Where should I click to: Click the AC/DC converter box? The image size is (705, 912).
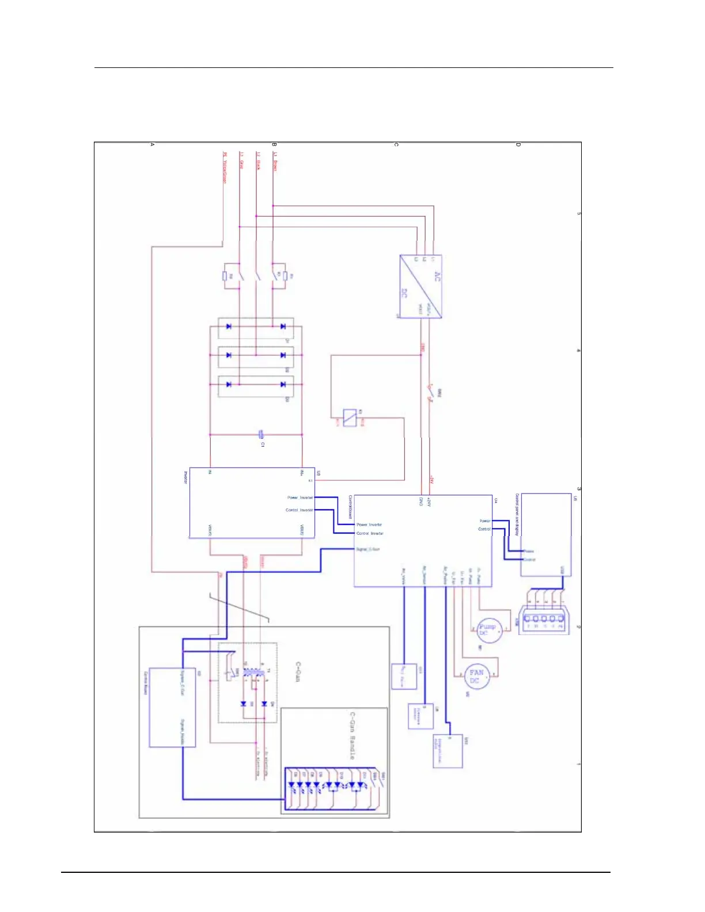[420, 286]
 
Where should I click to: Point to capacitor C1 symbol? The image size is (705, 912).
[261, 435]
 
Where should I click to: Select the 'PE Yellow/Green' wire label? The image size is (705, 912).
[225, 168]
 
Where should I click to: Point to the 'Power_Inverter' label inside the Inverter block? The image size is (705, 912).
[300, 497]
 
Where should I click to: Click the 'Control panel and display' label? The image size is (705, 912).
[517, 514]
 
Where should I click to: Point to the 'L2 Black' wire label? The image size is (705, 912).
[259, 161]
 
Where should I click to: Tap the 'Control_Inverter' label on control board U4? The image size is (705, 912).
[369, 533]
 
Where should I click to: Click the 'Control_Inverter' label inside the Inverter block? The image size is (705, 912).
[300, 510]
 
